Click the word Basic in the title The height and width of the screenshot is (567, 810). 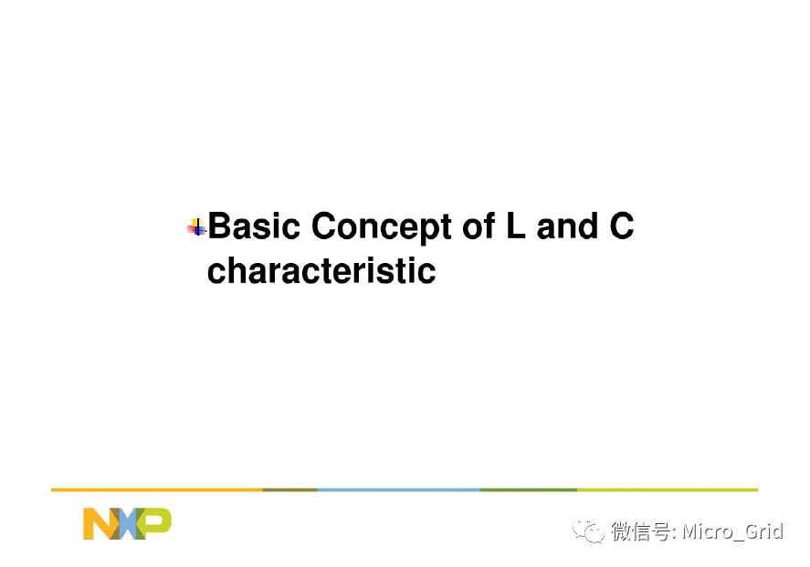click(x=254, y=226)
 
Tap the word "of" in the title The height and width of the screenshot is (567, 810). click(x=479, y=226)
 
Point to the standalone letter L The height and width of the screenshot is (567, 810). click(x=516, y=226)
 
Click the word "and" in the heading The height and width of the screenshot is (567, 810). click(x=567, y=226)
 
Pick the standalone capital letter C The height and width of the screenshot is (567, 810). click(x=621, y=226)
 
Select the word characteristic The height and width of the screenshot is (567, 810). click(x=321, y=270)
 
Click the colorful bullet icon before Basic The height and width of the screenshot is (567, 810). click(x=197, y=227)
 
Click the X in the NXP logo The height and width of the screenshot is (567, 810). click(x=128, y=523)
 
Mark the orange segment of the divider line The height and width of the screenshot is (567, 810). click(x=157, y=489)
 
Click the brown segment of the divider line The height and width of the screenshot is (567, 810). click(x=289, y=489)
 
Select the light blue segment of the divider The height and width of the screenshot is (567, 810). click(x=398, y=489)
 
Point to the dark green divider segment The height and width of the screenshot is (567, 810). click(x=529, y=489)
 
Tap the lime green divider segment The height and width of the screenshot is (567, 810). click(x=668, y=489)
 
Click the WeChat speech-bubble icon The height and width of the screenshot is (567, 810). click(x=588, y=530)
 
